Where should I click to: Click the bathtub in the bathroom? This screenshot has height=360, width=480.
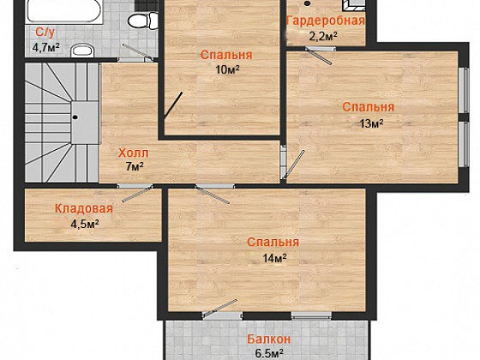pos(64,11)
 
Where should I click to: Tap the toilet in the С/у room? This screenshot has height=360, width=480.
pos(142,21)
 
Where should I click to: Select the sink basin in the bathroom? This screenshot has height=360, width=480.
pos(82,50)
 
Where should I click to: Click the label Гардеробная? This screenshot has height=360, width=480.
pos(325,22)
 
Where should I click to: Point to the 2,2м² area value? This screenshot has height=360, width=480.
pos(322,37)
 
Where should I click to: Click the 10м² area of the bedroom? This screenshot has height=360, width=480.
pos(227,70)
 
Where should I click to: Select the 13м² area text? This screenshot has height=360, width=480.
pos(371,123)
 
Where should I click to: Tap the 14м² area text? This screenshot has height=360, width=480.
pos(274,258)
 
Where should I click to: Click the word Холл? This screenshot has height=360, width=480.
pos(133,153)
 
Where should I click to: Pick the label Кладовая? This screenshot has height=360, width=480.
pos(84,208)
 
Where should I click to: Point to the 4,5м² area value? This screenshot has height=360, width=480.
pos(85,224)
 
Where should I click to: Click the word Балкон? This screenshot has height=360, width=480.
pos(268,340)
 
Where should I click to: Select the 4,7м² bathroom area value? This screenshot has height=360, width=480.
pos(46,48)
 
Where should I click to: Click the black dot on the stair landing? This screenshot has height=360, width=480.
pos(75,117)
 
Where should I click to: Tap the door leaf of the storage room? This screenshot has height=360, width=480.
pos(136,194)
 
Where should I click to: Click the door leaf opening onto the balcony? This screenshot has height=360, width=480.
pos(220,307)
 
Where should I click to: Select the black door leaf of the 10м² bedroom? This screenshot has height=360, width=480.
pos(173,105)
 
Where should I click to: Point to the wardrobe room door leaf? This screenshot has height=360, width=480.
pos(318,56)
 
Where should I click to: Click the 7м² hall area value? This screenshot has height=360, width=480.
pos(135,167)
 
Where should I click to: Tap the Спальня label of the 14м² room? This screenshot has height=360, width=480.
pos(273,242)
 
